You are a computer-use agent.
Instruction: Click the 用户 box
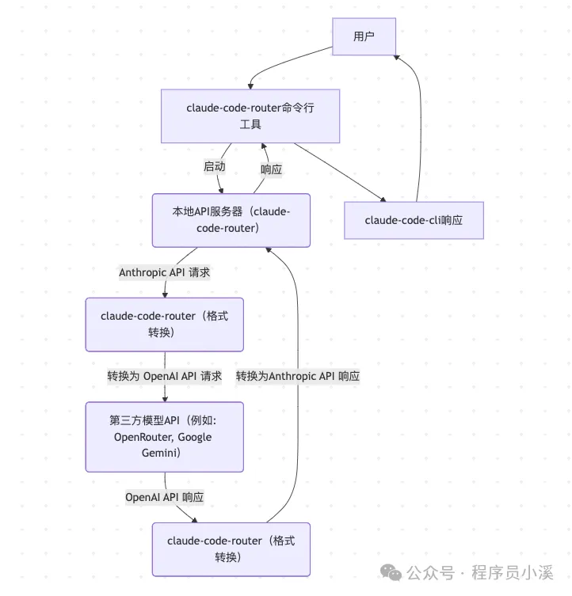(364, 36)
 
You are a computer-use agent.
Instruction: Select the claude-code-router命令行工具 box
(250, 116)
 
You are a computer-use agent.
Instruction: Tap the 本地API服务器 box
(231, 220)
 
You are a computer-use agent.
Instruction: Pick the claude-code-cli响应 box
(414, 220)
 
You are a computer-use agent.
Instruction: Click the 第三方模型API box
(164, 437)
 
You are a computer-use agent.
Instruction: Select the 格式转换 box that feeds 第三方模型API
(164, 325)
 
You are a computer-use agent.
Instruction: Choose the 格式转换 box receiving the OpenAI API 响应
(231, 549)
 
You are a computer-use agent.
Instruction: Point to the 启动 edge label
(215, 167)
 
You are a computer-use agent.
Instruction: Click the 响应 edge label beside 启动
(272, 169)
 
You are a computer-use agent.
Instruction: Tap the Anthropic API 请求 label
(165, 272)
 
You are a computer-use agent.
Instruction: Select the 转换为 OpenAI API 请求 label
(165, 376)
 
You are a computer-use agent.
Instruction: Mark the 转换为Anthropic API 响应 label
(298, 376)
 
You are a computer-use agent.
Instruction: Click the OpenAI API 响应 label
(165, 497)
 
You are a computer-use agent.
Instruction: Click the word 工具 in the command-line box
(250, 124)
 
